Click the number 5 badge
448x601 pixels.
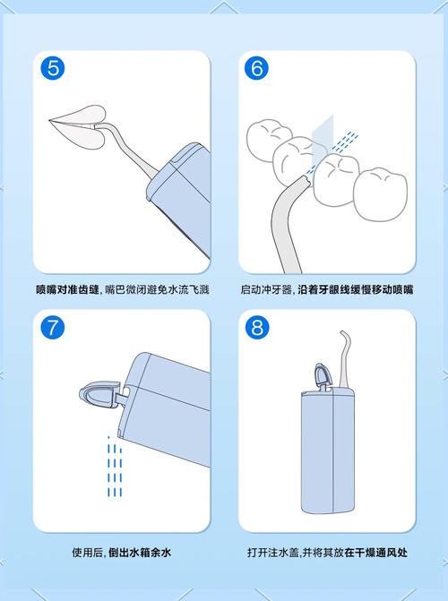pos(54,68)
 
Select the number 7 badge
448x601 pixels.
pos(54,327)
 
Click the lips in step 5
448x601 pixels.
pos(76,117)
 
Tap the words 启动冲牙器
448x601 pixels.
pos(267,289)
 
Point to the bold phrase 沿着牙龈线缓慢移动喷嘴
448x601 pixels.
pos(355,289)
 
